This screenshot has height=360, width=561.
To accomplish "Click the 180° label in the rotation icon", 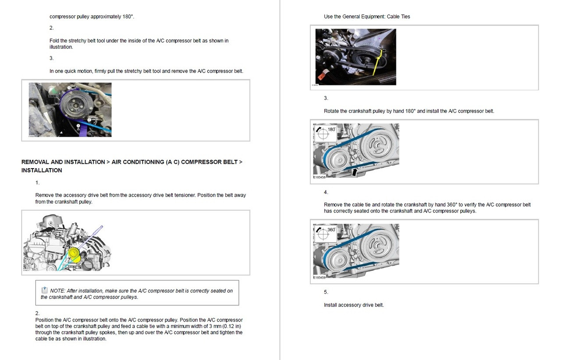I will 331,129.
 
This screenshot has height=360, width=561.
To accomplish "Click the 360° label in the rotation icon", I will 331,229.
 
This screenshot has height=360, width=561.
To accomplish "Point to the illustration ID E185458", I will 320,177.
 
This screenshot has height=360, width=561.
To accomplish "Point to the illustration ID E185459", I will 320,278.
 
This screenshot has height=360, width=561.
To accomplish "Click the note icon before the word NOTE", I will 45,290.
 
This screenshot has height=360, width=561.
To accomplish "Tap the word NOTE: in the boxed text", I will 58,291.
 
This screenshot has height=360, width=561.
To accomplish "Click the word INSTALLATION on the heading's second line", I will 42,170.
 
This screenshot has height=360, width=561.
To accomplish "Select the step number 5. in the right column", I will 326,292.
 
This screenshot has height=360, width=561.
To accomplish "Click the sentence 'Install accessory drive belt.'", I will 354,305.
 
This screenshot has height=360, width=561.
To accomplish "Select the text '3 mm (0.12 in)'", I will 223,326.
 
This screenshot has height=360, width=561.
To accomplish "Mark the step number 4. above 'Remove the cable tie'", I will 326,192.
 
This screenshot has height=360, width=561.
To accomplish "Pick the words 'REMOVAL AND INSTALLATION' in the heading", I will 63,162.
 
